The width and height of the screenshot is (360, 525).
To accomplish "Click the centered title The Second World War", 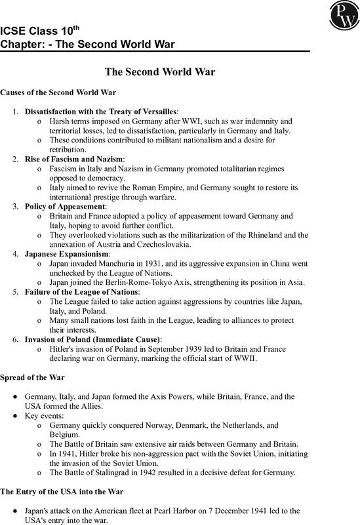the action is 180,71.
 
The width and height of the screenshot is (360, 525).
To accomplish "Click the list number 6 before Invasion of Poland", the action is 15,339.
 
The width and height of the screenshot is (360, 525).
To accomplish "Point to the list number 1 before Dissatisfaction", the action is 15,112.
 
